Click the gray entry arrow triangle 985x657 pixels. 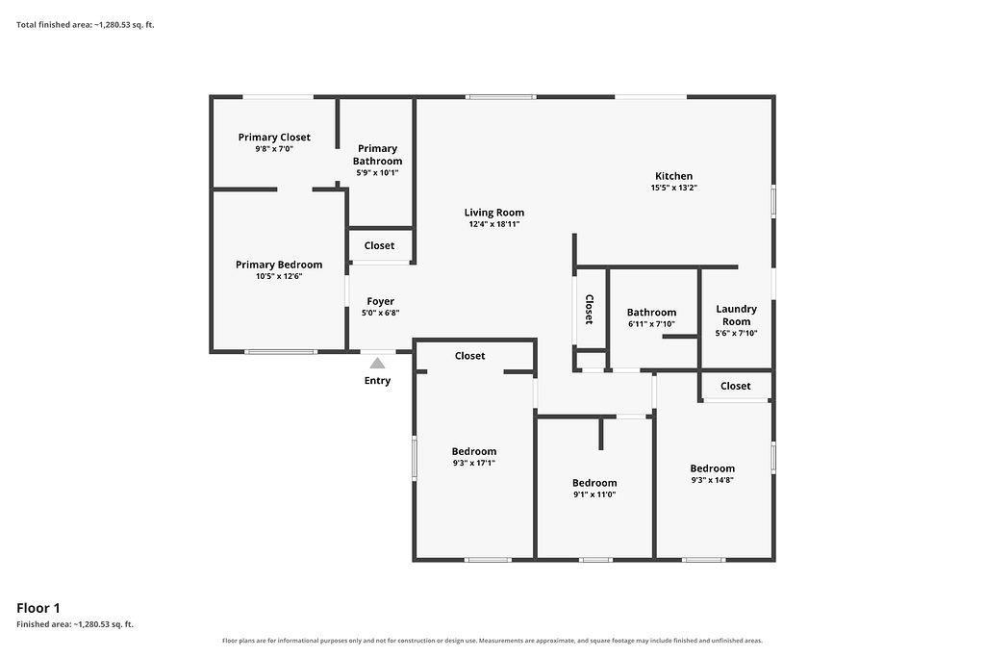click(x=377, y=363)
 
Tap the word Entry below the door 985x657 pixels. click(x=377, y=381)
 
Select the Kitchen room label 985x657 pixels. click(x=674, y=176)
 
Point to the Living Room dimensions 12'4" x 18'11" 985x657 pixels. click(x=494, y=224)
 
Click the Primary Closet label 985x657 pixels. click(x=274, y=137)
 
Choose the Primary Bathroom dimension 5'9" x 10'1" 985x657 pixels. click(x=377, y=173)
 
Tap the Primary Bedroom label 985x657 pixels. click(x=279, y=265)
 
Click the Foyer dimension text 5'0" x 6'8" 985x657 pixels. click(x=381, y=313)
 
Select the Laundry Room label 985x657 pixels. click(x=736, y=316)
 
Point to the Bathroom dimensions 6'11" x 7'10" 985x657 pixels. click(x=651, y=324)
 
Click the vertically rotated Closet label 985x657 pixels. click(x=590, y=309)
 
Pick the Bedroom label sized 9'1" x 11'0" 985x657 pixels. click(x=594, y=483)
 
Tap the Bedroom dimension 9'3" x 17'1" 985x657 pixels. click(x=474, y=463)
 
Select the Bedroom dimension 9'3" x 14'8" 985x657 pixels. click(x=713, y=480)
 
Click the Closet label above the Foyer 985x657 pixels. click(x=379, y=245)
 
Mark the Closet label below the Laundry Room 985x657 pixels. click(x=736, y=386)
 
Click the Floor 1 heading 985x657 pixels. click(x=38, y=608)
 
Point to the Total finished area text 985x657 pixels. click(x=86, y=25)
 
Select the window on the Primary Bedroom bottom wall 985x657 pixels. click(x=280, y=352)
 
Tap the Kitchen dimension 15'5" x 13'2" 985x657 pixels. click(x=674, y=188)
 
